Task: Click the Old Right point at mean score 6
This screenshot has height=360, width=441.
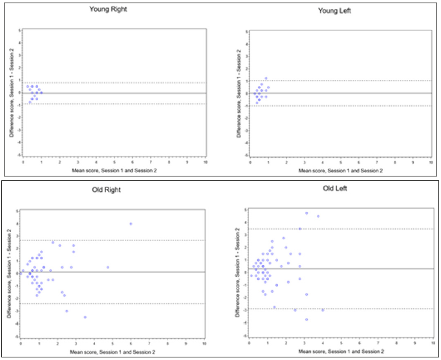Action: tap(131, 224)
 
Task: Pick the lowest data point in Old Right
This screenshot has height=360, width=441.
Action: tap(85, 317)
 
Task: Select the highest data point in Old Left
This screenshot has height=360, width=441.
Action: tap(307, 213)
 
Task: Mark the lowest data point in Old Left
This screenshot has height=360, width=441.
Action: tap(307, 319)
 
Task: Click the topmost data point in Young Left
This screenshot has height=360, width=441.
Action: tap(266, 78)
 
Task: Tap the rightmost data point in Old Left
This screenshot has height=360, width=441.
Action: tap(323, 310)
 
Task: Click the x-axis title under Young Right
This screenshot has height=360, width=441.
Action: tap(114, 170)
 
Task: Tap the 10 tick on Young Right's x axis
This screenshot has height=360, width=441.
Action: tap(205, 162)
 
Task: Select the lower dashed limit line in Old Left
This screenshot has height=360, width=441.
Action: tap(362, 309)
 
